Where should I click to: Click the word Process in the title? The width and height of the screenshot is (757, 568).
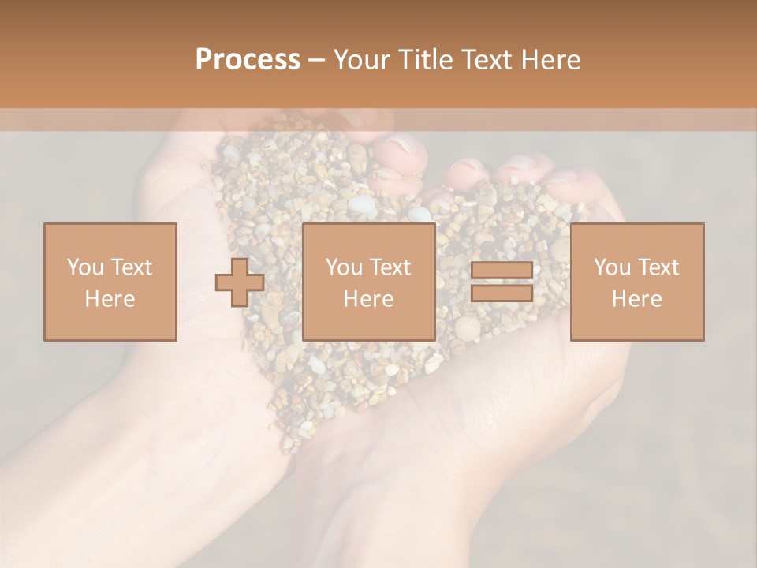[248, 60]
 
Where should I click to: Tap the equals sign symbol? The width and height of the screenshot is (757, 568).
[502, 282]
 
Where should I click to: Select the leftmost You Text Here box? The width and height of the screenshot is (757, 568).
[110, 282]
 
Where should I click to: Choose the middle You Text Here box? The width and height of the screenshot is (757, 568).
[368, 282]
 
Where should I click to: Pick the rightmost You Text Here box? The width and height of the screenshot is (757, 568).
[637, 282]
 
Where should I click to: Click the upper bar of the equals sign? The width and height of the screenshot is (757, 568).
[502, 271]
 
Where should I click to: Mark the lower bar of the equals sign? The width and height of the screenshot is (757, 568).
[502, 293]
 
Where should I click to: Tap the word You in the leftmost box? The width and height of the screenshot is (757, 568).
[84, 267]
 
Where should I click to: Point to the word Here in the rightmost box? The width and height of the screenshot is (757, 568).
[637, 299]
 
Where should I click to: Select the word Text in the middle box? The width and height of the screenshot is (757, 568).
[390, 267]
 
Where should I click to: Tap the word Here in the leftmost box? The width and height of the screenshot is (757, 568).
[110, 299]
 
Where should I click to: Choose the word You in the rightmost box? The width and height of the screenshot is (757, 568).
[611, 267]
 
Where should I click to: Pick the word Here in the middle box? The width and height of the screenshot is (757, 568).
[368, 299]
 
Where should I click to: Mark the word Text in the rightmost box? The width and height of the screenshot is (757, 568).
[658, 267]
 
